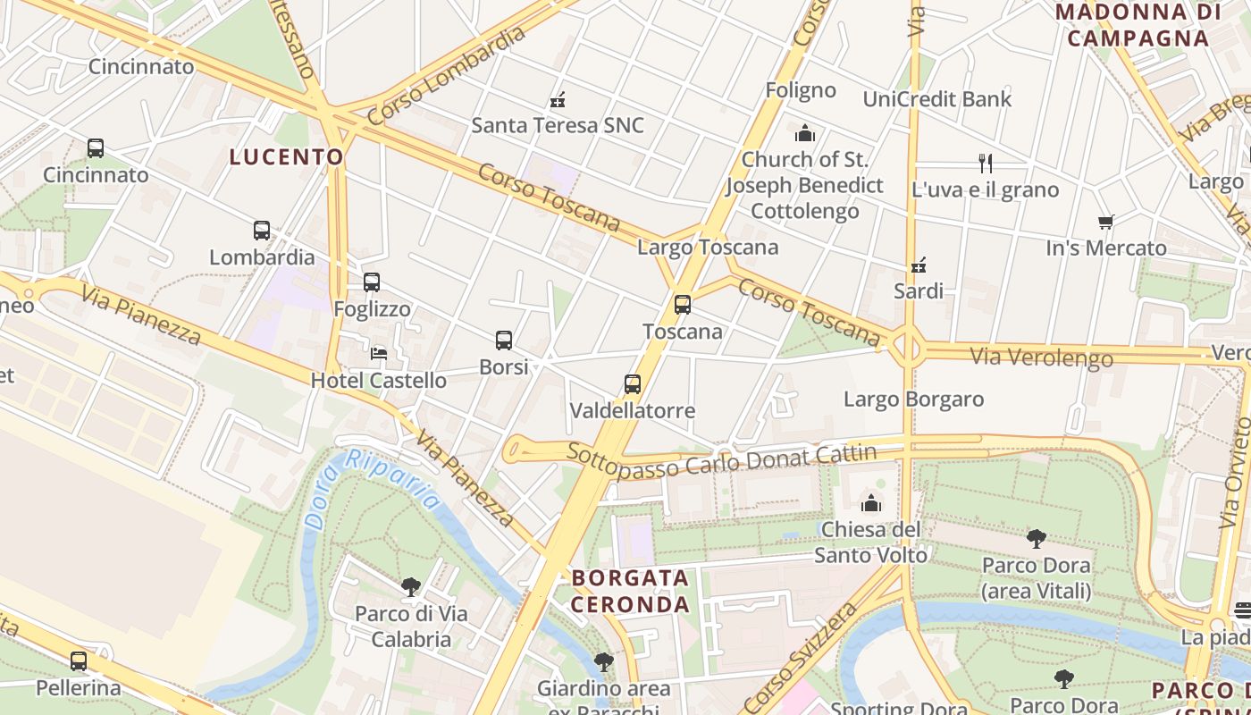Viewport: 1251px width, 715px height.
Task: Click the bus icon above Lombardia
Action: point(262,231)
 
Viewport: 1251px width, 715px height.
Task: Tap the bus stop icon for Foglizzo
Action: point(372,282)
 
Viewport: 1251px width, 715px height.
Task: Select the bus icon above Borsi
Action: point(504,341)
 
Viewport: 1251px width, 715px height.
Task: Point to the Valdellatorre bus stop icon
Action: point(633,384)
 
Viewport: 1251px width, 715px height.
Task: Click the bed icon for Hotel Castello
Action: point(379,354)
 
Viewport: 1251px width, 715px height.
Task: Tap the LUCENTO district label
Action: point(287,157)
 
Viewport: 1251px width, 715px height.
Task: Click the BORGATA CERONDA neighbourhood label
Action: point(631,591)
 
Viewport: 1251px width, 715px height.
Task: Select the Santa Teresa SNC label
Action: point(558,125)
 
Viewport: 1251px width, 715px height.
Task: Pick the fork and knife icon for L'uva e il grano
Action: point(986,164)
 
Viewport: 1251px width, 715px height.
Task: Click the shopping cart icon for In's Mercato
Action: point(1106,222)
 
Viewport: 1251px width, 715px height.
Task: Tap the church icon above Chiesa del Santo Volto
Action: point(871,503)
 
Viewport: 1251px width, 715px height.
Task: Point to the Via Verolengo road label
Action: point(1042,357)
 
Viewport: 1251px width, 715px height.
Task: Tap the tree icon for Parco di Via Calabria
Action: point(411,587)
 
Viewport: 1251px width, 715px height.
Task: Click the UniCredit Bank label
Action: point(937,99)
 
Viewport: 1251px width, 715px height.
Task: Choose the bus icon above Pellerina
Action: point(79,661)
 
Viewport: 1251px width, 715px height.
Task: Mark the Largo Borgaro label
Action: point(914,399)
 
